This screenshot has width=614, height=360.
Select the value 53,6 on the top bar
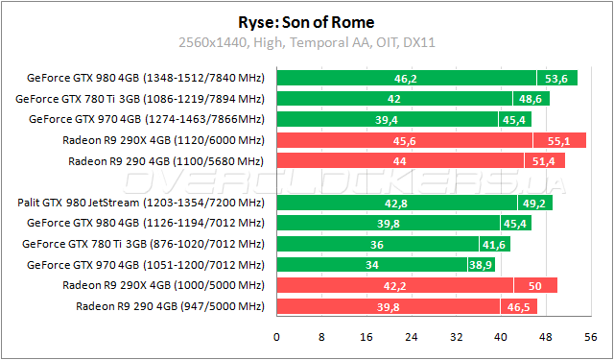tap(555, 78)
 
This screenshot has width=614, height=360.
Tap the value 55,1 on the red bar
tap(560, 140)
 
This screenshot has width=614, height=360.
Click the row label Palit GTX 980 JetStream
tap(140, 203)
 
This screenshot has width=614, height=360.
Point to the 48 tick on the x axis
tap(544, 338)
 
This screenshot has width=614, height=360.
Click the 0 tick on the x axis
tap(277, 338)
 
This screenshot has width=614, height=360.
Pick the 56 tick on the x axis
tap(588, 338)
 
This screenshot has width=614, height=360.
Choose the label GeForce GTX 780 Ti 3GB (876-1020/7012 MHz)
tap(143, 244)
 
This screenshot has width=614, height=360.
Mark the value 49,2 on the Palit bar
tap(531, 203)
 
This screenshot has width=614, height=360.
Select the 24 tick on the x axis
tap(411, 338)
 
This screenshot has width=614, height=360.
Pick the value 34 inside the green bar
tap(368, 265)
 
